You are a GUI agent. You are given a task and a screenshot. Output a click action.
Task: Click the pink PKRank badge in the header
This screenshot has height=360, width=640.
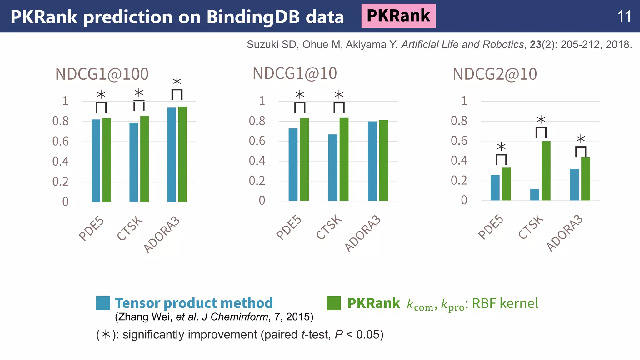(x=398, y=16)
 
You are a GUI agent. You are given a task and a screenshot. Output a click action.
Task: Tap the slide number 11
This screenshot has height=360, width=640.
(x=624, y=17)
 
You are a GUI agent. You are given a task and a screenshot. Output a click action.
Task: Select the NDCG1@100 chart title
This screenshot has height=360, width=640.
(x=102, y=74)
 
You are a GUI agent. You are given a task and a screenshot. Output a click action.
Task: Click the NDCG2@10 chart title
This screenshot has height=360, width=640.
(x=495, y=74)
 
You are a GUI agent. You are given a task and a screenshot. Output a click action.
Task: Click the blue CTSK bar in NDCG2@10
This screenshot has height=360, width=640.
(x=535, y=195)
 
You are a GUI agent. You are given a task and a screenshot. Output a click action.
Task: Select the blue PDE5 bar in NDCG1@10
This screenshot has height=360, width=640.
(x=293, y=164)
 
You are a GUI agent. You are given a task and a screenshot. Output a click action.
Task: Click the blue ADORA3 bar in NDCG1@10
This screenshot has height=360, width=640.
(x=372, y=161)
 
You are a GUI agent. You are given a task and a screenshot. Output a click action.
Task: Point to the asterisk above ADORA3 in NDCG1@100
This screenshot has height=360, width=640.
(x=177, y=82)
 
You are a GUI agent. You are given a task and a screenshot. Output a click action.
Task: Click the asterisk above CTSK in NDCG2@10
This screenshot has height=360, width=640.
(x=541, y=120)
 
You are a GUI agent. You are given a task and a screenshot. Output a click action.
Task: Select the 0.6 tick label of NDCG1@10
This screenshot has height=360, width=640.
(x=257, y=141)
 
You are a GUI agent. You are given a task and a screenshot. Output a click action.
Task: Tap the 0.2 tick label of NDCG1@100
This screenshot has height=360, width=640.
(x=60, y=182)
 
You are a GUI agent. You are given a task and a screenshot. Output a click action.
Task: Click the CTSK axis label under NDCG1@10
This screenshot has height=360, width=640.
(x=329, y=227)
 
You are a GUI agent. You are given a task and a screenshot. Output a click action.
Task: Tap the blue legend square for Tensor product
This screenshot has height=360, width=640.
(x=103, y=303)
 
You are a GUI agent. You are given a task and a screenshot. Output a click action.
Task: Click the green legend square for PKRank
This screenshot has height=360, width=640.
(x=333, y=303)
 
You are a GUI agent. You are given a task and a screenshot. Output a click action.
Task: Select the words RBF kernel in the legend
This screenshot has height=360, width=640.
(x=505, y=303)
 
